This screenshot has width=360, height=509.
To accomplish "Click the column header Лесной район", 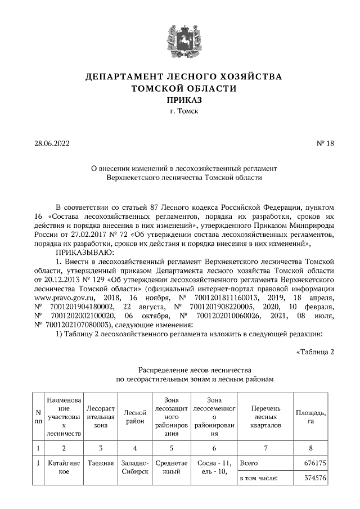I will coord(134,417).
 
